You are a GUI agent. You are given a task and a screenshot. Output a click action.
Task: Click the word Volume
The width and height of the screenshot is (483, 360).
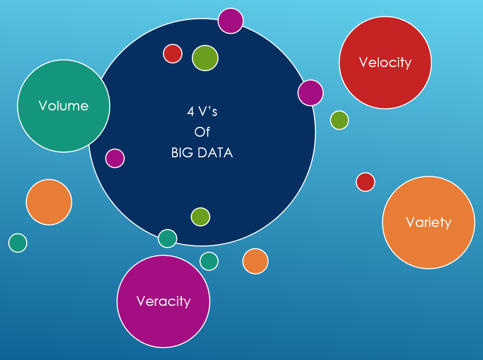click(x=63, y=106)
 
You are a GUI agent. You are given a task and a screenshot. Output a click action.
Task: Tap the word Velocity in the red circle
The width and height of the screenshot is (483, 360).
click(x=385, y=62)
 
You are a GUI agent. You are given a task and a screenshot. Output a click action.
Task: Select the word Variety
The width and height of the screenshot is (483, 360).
click(x=428, y=222)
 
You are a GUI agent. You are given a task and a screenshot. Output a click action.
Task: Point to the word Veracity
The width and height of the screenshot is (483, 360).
click(x=163, y=301)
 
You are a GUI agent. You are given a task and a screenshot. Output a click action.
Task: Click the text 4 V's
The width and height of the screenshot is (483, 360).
click(x=202, y=111)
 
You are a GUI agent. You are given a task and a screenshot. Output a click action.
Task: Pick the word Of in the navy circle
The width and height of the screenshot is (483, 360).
click(x=202, y=132)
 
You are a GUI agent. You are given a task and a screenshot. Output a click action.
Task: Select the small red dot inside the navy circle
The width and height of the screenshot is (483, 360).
click(x=173, y=53)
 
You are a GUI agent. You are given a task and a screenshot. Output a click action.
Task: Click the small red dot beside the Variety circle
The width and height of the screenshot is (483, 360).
click(x=365, y=182)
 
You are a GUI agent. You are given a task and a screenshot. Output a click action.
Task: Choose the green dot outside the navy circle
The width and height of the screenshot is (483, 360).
click(x=339, y=120)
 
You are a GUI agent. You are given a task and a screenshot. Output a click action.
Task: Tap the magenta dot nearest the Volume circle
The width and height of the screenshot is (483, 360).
click(x=115, y=158)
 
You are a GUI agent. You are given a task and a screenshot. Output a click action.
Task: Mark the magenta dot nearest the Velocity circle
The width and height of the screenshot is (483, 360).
click(x=310, y=93)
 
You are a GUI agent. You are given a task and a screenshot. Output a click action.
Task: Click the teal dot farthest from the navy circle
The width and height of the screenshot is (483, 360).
click(x=18, y=242)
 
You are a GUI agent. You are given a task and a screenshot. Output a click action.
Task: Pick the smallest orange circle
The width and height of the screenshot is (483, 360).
click(x=255, y=261)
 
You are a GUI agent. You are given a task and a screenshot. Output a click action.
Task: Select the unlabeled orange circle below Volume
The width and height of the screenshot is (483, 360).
click(x=49, y=202)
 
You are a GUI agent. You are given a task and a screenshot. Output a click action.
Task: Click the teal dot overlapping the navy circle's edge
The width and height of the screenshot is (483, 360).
click(x=168, y=238)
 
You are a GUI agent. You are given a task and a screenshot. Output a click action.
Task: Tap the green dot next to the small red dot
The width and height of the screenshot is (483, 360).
click(x=205, y=58)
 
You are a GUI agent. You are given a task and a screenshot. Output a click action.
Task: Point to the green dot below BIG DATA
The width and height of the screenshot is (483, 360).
click(x=201, y=217)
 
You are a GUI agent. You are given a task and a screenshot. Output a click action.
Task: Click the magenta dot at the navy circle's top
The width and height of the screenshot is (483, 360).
click(x=230, y=21)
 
